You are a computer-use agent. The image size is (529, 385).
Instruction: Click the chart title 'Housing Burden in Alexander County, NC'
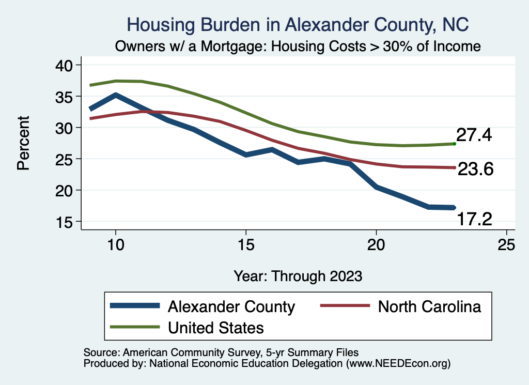pos(299,24)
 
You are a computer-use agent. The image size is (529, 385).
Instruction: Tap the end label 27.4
pos(474,135)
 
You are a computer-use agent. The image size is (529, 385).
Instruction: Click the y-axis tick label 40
pos(65,65)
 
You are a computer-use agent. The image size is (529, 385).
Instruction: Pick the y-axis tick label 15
pos(65,222)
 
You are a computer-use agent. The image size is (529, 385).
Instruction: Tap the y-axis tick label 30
pos(65,128)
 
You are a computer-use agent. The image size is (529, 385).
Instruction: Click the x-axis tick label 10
pos(115,245)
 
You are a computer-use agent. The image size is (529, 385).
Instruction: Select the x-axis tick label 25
pos(506,245)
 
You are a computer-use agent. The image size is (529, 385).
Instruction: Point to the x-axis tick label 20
pos(376,245)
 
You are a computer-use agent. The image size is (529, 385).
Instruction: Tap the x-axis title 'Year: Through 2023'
pos(298,275)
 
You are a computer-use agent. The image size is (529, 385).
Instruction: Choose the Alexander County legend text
pos(231,306)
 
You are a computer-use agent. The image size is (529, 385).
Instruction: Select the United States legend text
pos(215,327)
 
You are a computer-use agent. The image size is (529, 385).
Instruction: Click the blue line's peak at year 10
pos(116,95)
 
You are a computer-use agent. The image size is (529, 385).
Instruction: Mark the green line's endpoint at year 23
pos(454,144)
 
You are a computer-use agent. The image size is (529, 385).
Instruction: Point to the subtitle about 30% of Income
pos(298,46)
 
